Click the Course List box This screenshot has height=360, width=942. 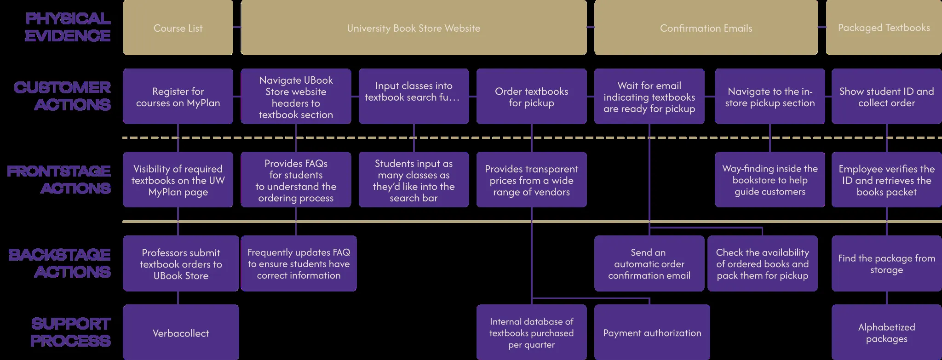pyautogui.click(x=178, y=28)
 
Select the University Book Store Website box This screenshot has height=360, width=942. pyautogui.click(x=413, y=28)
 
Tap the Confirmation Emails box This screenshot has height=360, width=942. pyautogui.click(x=706, y=28)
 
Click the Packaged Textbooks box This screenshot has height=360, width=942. pyautogui.click(x=884, y=28)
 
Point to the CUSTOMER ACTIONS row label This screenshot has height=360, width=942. pyautogui.click(x=63, y=96)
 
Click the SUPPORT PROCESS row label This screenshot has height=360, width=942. pyautogui.click(x=70, y=332)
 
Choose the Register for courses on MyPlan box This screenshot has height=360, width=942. pyautogui.click(x=178, y=97)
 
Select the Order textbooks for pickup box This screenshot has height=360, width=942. pyautogui.click(x=531, y=97)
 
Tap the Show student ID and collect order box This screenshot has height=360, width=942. pyautogui.click(x=886, y=97)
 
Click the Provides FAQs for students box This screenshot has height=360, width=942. pyautogui.click(x=296, y=180)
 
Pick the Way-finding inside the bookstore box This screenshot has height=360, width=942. pyautogui.click(x=770, y=180)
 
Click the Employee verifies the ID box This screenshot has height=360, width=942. pyautogui.click(x=886, y=180)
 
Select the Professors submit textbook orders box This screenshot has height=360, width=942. pyautogui.click(x=181, y=264)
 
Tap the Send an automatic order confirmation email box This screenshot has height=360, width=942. pyautogui.click(x=649, y=264)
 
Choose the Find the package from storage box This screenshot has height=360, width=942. pyautogui.click(x=886, y=264)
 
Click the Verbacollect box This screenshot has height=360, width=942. pyautogui.click(x=181, y=333)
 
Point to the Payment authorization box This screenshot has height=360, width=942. pyautogui.click(x=652, y=333)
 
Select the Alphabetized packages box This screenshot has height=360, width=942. pyautogui.click(x=886, y=333)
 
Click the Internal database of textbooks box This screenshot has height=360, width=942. pyautogui.click(x=531, y=333)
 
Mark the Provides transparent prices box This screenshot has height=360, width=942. pyautogui.click(x=531, y=180)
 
